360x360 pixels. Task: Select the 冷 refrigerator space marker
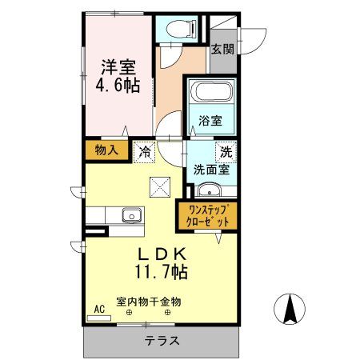(x=146, y=150)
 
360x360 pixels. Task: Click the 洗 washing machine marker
(x=226, y=150)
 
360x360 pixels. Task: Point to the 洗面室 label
(x=210, y=169)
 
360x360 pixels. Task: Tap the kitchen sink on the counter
(x=130, y=216)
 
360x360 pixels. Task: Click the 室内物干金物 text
(x=149, y=302)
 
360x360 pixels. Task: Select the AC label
(x=100, y=309)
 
